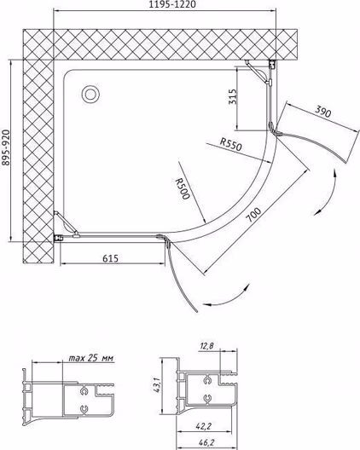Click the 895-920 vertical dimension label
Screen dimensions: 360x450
(5, 148)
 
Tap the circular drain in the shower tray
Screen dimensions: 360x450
(90, 94)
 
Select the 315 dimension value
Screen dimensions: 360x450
(233, 96)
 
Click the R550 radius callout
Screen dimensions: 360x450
(230, 144)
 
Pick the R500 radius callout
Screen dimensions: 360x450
(183, 188)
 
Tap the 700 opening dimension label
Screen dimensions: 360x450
(254, 215)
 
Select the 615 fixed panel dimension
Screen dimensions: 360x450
(110, 258)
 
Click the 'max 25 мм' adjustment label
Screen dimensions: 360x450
(91, 358)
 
